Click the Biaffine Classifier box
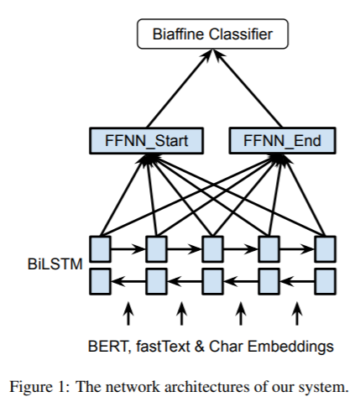212,34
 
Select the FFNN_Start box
146,140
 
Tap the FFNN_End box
282,140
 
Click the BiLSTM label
55,264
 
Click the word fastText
163,346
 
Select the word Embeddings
290,347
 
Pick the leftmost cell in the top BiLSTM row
100,249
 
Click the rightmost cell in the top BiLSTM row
325,249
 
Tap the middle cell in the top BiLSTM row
212,249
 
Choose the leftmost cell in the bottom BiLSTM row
100,281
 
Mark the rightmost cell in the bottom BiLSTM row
325,281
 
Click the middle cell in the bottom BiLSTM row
212,281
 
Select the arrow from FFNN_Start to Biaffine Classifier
180,88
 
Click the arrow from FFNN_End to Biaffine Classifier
248,88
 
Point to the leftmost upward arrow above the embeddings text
128,314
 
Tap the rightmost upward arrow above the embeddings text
297,314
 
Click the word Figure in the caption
31,388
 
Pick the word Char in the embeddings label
226,347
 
